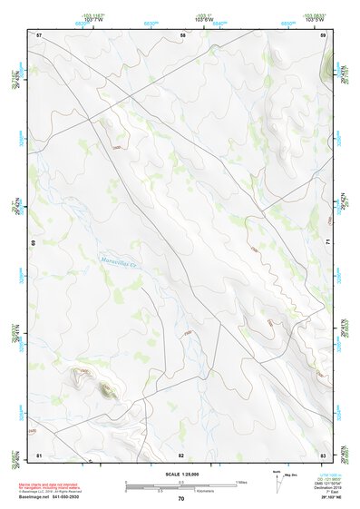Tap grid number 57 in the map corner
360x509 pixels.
pos(38,34)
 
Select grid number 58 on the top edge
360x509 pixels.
pos(183,34)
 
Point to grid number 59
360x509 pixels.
pos(324,34)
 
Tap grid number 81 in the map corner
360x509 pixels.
pos(38,454)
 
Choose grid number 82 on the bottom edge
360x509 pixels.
pos(180,454)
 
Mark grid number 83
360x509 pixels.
pos(323,454)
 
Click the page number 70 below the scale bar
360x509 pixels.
pos(180,499)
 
